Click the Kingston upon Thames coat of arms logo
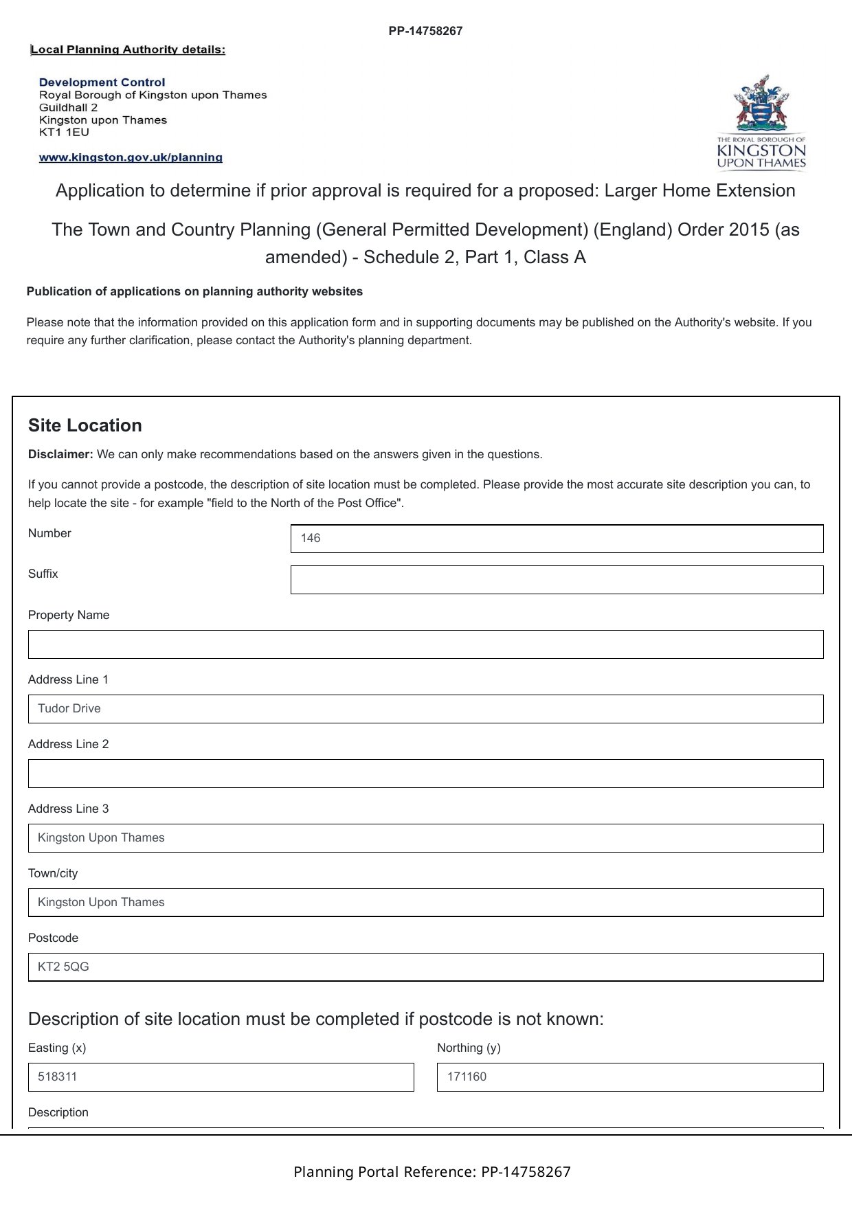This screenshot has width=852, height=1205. pyautogui.click(x=761, y=121)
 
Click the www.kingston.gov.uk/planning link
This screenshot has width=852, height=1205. pyautogui.click(x=131, y=157)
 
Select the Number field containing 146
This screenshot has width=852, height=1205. pyautogui.click(x=557, y=539)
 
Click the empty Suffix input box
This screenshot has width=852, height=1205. pyautogui.click(x=557, y=580)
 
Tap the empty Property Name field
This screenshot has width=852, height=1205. pyautogui.click(x=425, y=644)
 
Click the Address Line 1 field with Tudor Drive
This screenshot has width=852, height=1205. pyautogui.click(x=425, y=709)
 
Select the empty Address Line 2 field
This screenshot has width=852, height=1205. pyautogui.click(x=425, y=774)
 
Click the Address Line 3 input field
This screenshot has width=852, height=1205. pyautogui.click(x=425, y=838)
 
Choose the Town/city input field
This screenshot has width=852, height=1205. pyautogui.click(x=425, y=903)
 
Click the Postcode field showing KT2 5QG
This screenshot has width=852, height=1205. pyautogui.click(x=425, y=967)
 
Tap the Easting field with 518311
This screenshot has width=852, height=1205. pyautogui.click(x=221, y=1077)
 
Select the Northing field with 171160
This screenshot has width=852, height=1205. pyautogui.click(x=629, y=1077)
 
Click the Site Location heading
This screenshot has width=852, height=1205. pyautogui.click(x=85, y=425)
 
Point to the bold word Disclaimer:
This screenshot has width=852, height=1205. pyautogui.click(x=60, y=454)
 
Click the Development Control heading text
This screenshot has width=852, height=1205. pyautogui.click(x=102, y=82)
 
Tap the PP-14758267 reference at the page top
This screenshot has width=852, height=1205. pyautogui.click(x=425, y=31)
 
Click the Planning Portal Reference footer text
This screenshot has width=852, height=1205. pyautogui.click(x=431, y=1172)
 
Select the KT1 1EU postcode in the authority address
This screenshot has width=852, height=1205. pyautogui.click(x=64, y=133)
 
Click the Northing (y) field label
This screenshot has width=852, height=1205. pyautogui.click(x=469, y=1048)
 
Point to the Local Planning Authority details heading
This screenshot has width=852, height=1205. pyautogui.click(x=128, y=49)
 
